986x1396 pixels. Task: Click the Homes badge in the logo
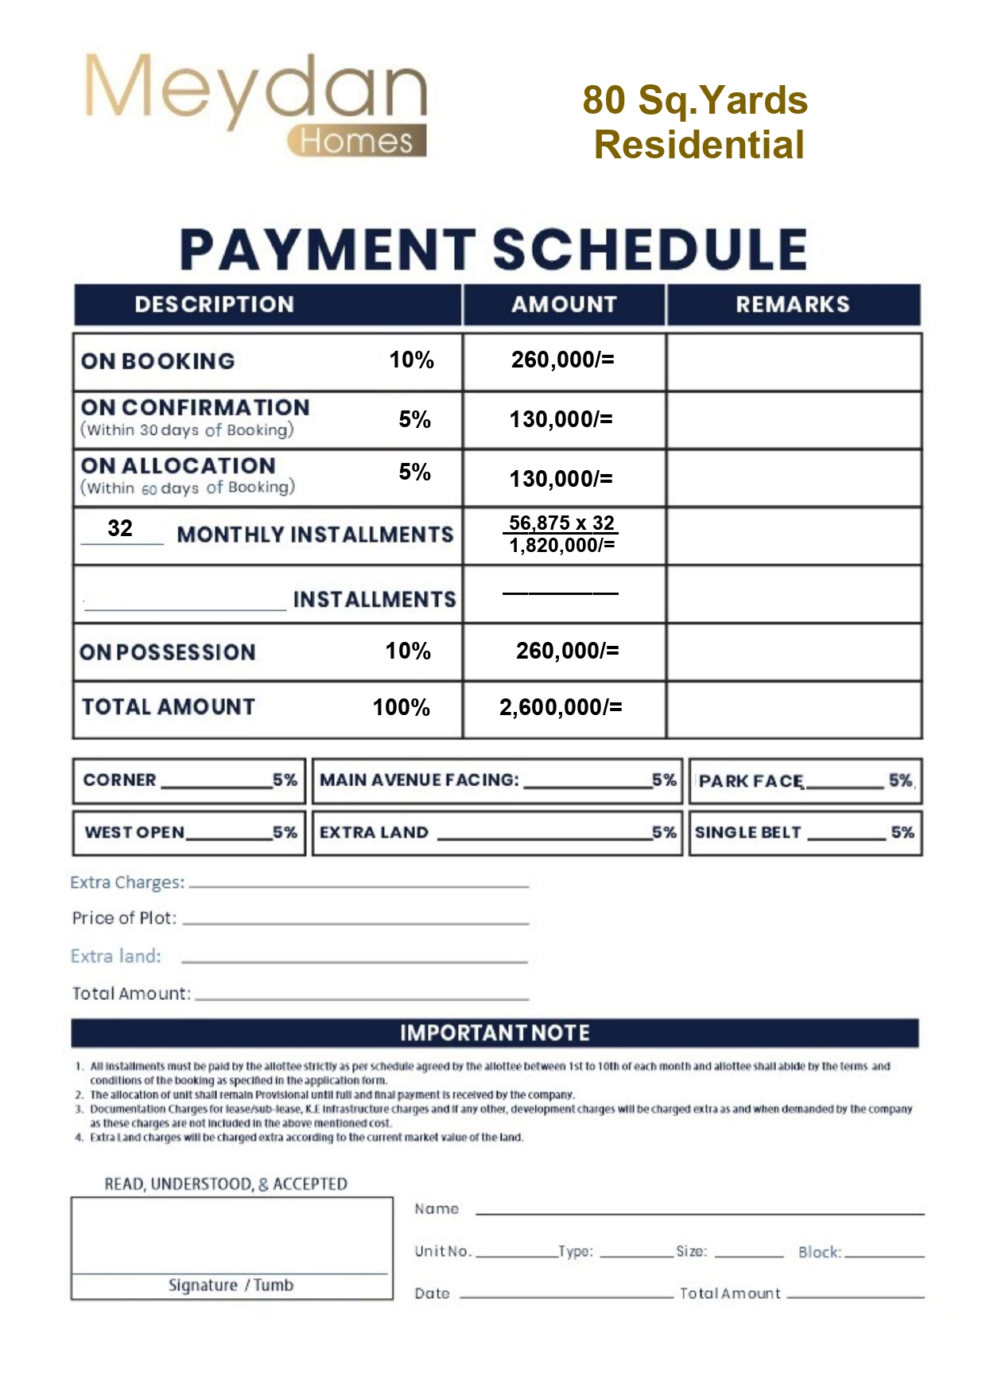[x=357, y=141]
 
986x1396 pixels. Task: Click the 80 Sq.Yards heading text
[x=695, y=100]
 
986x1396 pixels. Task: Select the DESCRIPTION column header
[x=214, y=305]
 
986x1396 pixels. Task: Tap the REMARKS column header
[x=792, y=305]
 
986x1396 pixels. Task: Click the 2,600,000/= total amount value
[x=561, y=707]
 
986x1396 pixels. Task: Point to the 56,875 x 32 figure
[x=561, y=523]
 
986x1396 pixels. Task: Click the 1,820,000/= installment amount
[x=561, y=546]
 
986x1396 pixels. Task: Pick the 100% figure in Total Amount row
[x=402, y=707]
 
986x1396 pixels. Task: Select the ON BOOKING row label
[x=157, y=361]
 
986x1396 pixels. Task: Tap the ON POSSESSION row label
[x=167, y=652]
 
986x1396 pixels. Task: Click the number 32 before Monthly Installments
[x=120, y=528]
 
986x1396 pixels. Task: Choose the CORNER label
[x=119, y=780]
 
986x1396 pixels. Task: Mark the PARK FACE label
[x=751, y=781]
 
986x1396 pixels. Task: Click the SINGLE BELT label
[x=747, y=833]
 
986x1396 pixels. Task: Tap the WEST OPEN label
[x=134, y=833]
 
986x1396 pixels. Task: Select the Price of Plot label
[x=124, y=918]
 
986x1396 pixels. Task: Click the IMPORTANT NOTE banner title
[x=495, y=1033]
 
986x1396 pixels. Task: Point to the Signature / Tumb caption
[x=231, y=1285]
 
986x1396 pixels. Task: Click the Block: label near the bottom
[x=819, y=1252]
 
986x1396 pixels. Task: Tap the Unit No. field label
[x=443, y=1251]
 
